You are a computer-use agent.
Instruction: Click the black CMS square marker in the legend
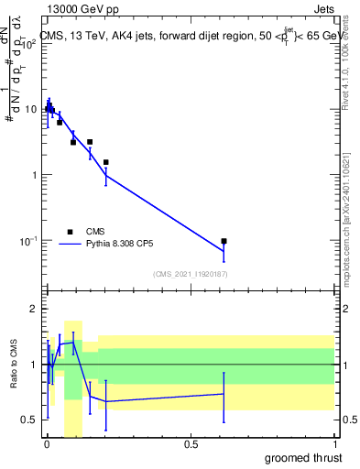(x=69, y=232)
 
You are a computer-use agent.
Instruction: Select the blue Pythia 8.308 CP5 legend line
(x=69, y=245)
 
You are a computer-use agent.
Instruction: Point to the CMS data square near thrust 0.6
(x=224, y=241)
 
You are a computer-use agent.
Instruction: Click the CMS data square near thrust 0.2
(x=106, y=162)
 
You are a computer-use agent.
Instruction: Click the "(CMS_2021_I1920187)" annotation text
(x=191, y=274)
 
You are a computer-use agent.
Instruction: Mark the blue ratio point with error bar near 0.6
(x=224, y=394)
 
